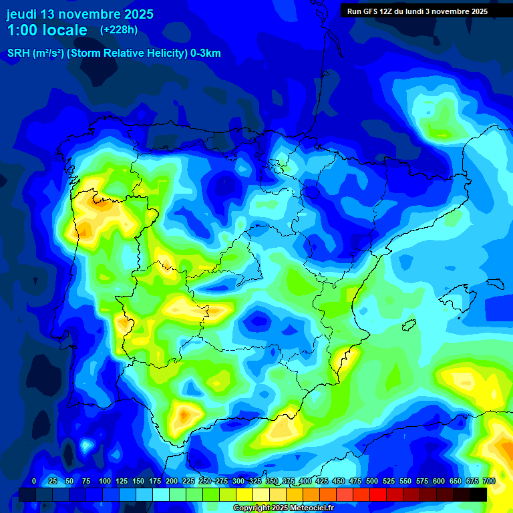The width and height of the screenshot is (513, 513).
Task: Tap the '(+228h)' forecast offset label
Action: [119, 29]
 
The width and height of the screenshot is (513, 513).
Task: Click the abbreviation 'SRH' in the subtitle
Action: [17, 53]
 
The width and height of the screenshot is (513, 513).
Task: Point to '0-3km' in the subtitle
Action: [205, 53]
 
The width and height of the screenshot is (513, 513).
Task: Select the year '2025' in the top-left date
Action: [136, 14]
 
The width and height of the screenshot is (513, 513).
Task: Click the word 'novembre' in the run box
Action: [449, 11]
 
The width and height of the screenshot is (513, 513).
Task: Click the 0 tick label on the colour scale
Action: [34, 481]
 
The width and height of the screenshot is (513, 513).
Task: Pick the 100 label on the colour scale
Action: [105, 481]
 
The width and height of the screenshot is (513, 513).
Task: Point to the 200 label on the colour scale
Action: [172, 481]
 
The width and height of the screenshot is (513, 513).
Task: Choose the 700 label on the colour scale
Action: [488, 481]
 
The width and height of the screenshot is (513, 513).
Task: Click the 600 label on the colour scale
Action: [439, 481]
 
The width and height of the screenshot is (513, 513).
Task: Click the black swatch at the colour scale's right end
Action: [478, 494]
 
